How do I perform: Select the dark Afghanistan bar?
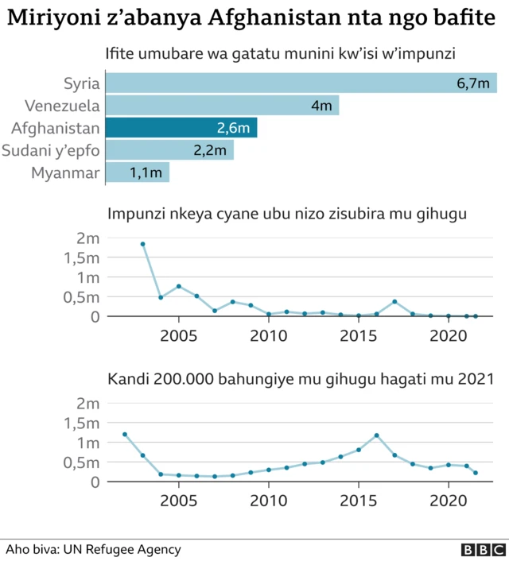(x=181, y=127)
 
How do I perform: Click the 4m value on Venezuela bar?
(x=321, y=105)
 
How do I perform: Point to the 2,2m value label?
(x=210, y=149)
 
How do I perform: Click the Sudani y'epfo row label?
(x=51, y=149)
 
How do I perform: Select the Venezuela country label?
(x=62, y=105)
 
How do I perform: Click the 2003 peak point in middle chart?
(x=143, y=244)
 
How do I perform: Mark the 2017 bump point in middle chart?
(x=394, y=301)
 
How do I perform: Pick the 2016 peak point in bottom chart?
(x=376, y=435)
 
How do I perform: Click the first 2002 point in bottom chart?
(x=125, y=434)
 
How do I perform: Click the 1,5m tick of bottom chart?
(x=83, y=423)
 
